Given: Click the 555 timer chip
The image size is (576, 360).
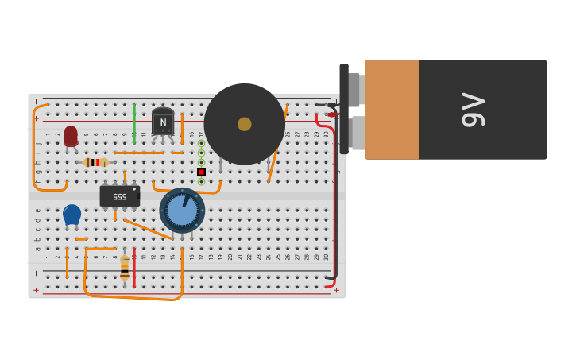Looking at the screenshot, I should click(x=119, y=195).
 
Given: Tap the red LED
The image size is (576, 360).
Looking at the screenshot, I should click(x=71, y=135).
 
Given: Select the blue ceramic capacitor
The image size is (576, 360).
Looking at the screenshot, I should click(x=72, y=214).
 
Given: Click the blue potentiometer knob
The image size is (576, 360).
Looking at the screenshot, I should click(x=182, y=210).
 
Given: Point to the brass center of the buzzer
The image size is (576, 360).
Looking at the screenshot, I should click(x=244, y=124).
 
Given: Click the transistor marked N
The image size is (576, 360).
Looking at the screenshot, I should click(x=163, y=122).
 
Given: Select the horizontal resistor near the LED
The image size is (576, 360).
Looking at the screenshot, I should click(x=95, y=162).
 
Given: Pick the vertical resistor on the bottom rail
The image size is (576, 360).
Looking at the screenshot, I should click(x=125, y=267).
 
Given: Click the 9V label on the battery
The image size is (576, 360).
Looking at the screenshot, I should click(x=473, y=110).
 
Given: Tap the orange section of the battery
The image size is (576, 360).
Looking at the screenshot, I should click(x=392, y=110).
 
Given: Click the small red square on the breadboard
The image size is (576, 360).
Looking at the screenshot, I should click(x=201, y=172).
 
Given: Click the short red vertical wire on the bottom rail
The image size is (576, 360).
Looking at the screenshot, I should click(x=134, y=269).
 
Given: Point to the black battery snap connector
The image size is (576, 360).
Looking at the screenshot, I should click(x=344, y=109).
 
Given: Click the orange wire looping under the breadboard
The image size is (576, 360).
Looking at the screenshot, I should click(x=131, y=297).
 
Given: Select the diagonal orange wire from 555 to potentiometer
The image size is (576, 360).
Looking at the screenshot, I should click(x=148, y=229).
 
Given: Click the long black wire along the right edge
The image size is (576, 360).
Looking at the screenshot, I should click(x=334, y=199).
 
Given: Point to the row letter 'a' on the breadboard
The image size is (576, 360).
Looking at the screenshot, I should click(x=37, y=248).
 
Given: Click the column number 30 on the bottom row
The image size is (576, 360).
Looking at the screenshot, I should click(x=326, y=256).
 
